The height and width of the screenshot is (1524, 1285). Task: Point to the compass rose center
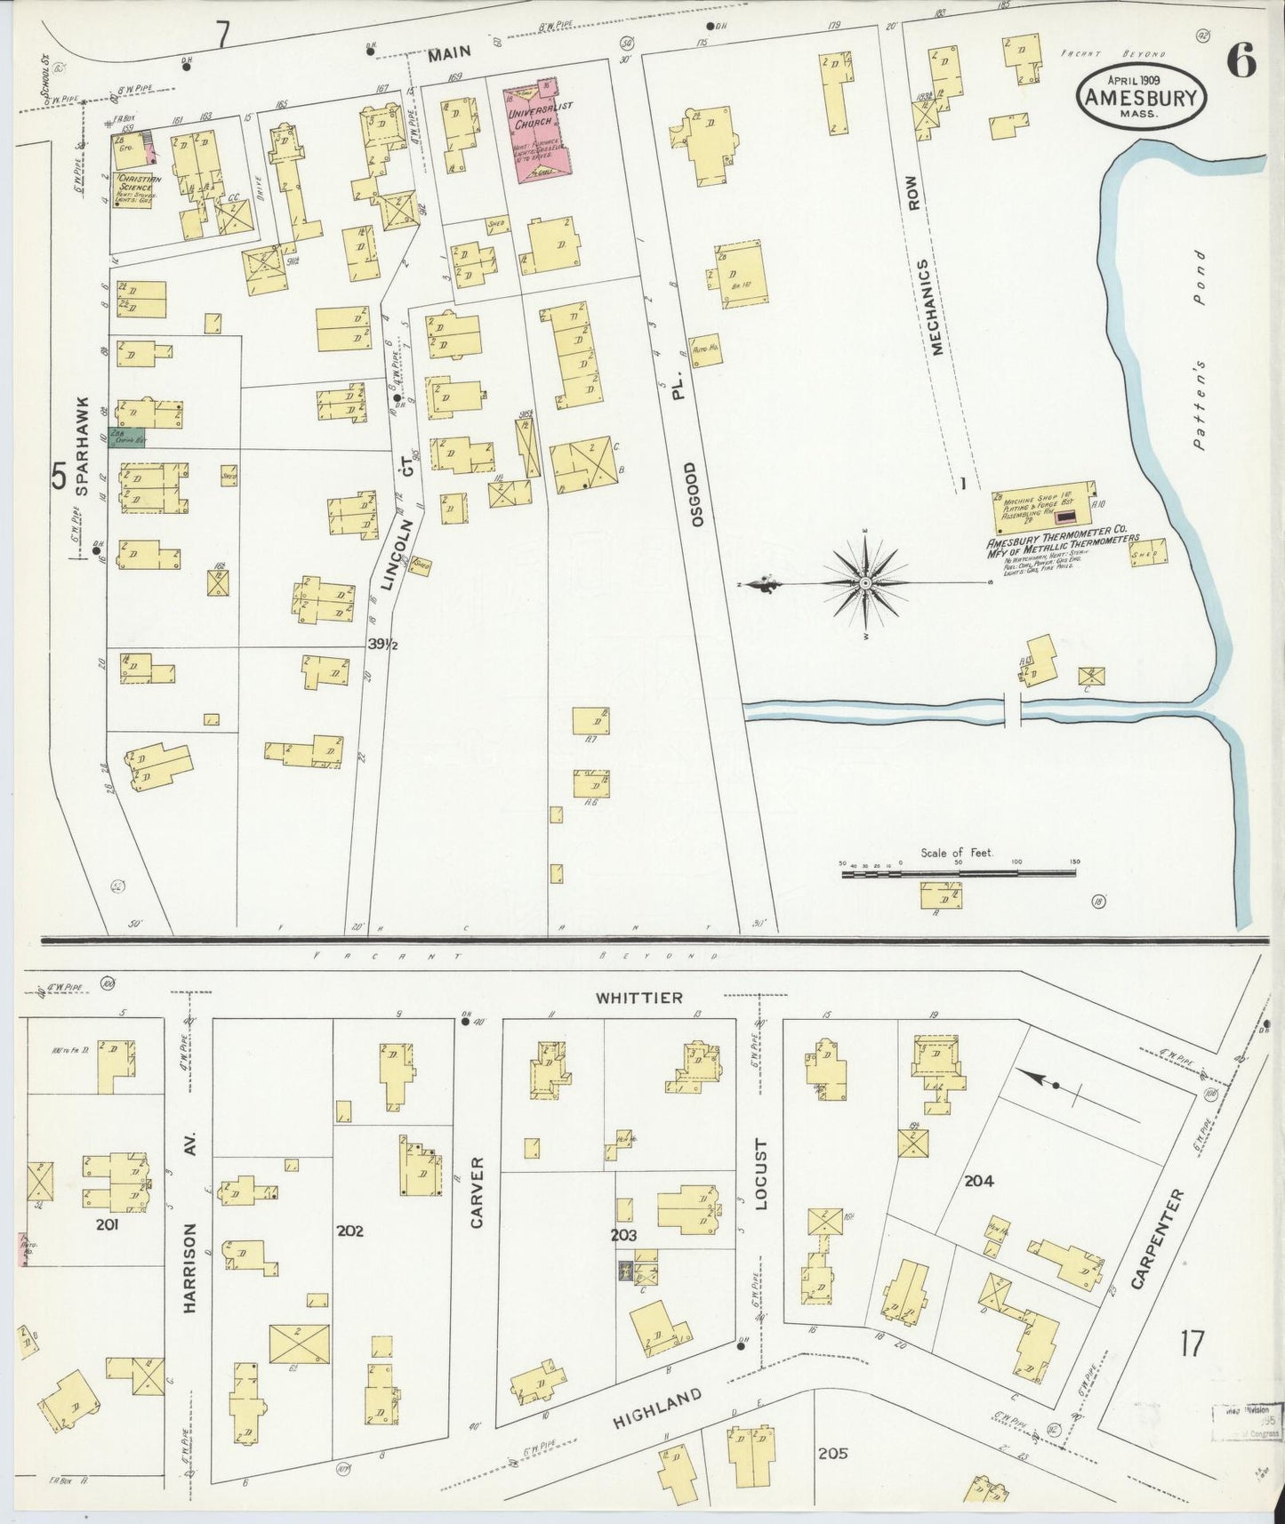(865, 583)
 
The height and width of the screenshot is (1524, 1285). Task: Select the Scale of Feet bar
(959, 874)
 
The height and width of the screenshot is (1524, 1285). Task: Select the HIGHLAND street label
(658, 1408)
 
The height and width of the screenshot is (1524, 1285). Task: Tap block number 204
(978, 1181)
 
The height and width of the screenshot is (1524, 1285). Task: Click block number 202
(350, 1231)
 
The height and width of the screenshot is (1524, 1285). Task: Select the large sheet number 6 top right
(1241, 61)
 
